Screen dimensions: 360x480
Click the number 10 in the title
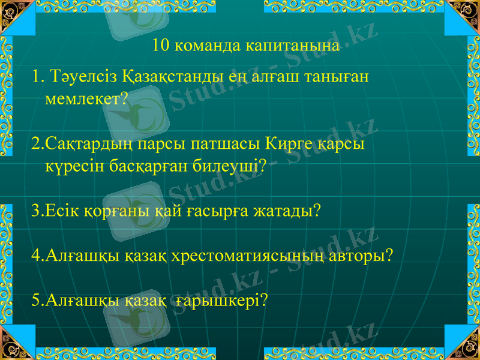coord(161,46)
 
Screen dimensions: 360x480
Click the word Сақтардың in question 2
coord(89,145)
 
